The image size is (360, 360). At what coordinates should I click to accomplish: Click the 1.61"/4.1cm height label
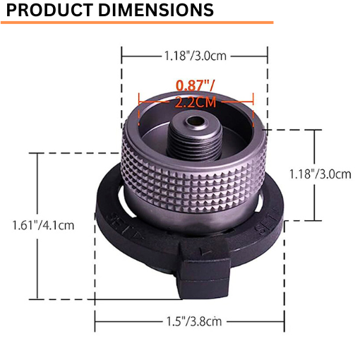click(x=43, y=225)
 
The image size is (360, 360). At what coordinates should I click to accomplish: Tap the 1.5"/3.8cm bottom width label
click(x=191, y=322)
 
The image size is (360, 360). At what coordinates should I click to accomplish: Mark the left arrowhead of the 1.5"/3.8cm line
click(x=96, y=322)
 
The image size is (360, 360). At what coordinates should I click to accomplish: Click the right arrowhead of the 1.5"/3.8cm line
click(x=284, y=322)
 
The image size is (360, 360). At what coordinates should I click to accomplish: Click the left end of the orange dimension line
click(x=140, y=101)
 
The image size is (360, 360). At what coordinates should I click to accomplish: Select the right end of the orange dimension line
click(x=253, y=101)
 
